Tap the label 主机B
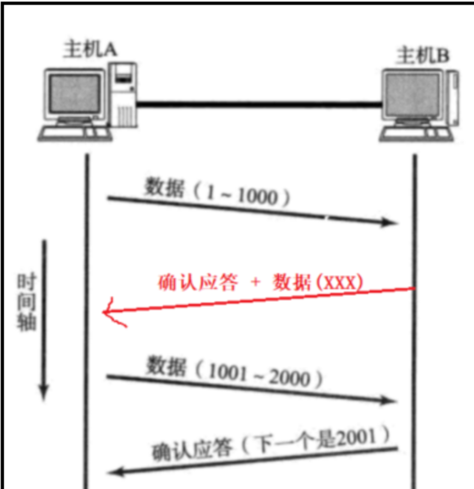423,55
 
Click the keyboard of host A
71,132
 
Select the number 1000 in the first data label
258,198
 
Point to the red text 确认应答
198,283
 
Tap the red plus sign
255,283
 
